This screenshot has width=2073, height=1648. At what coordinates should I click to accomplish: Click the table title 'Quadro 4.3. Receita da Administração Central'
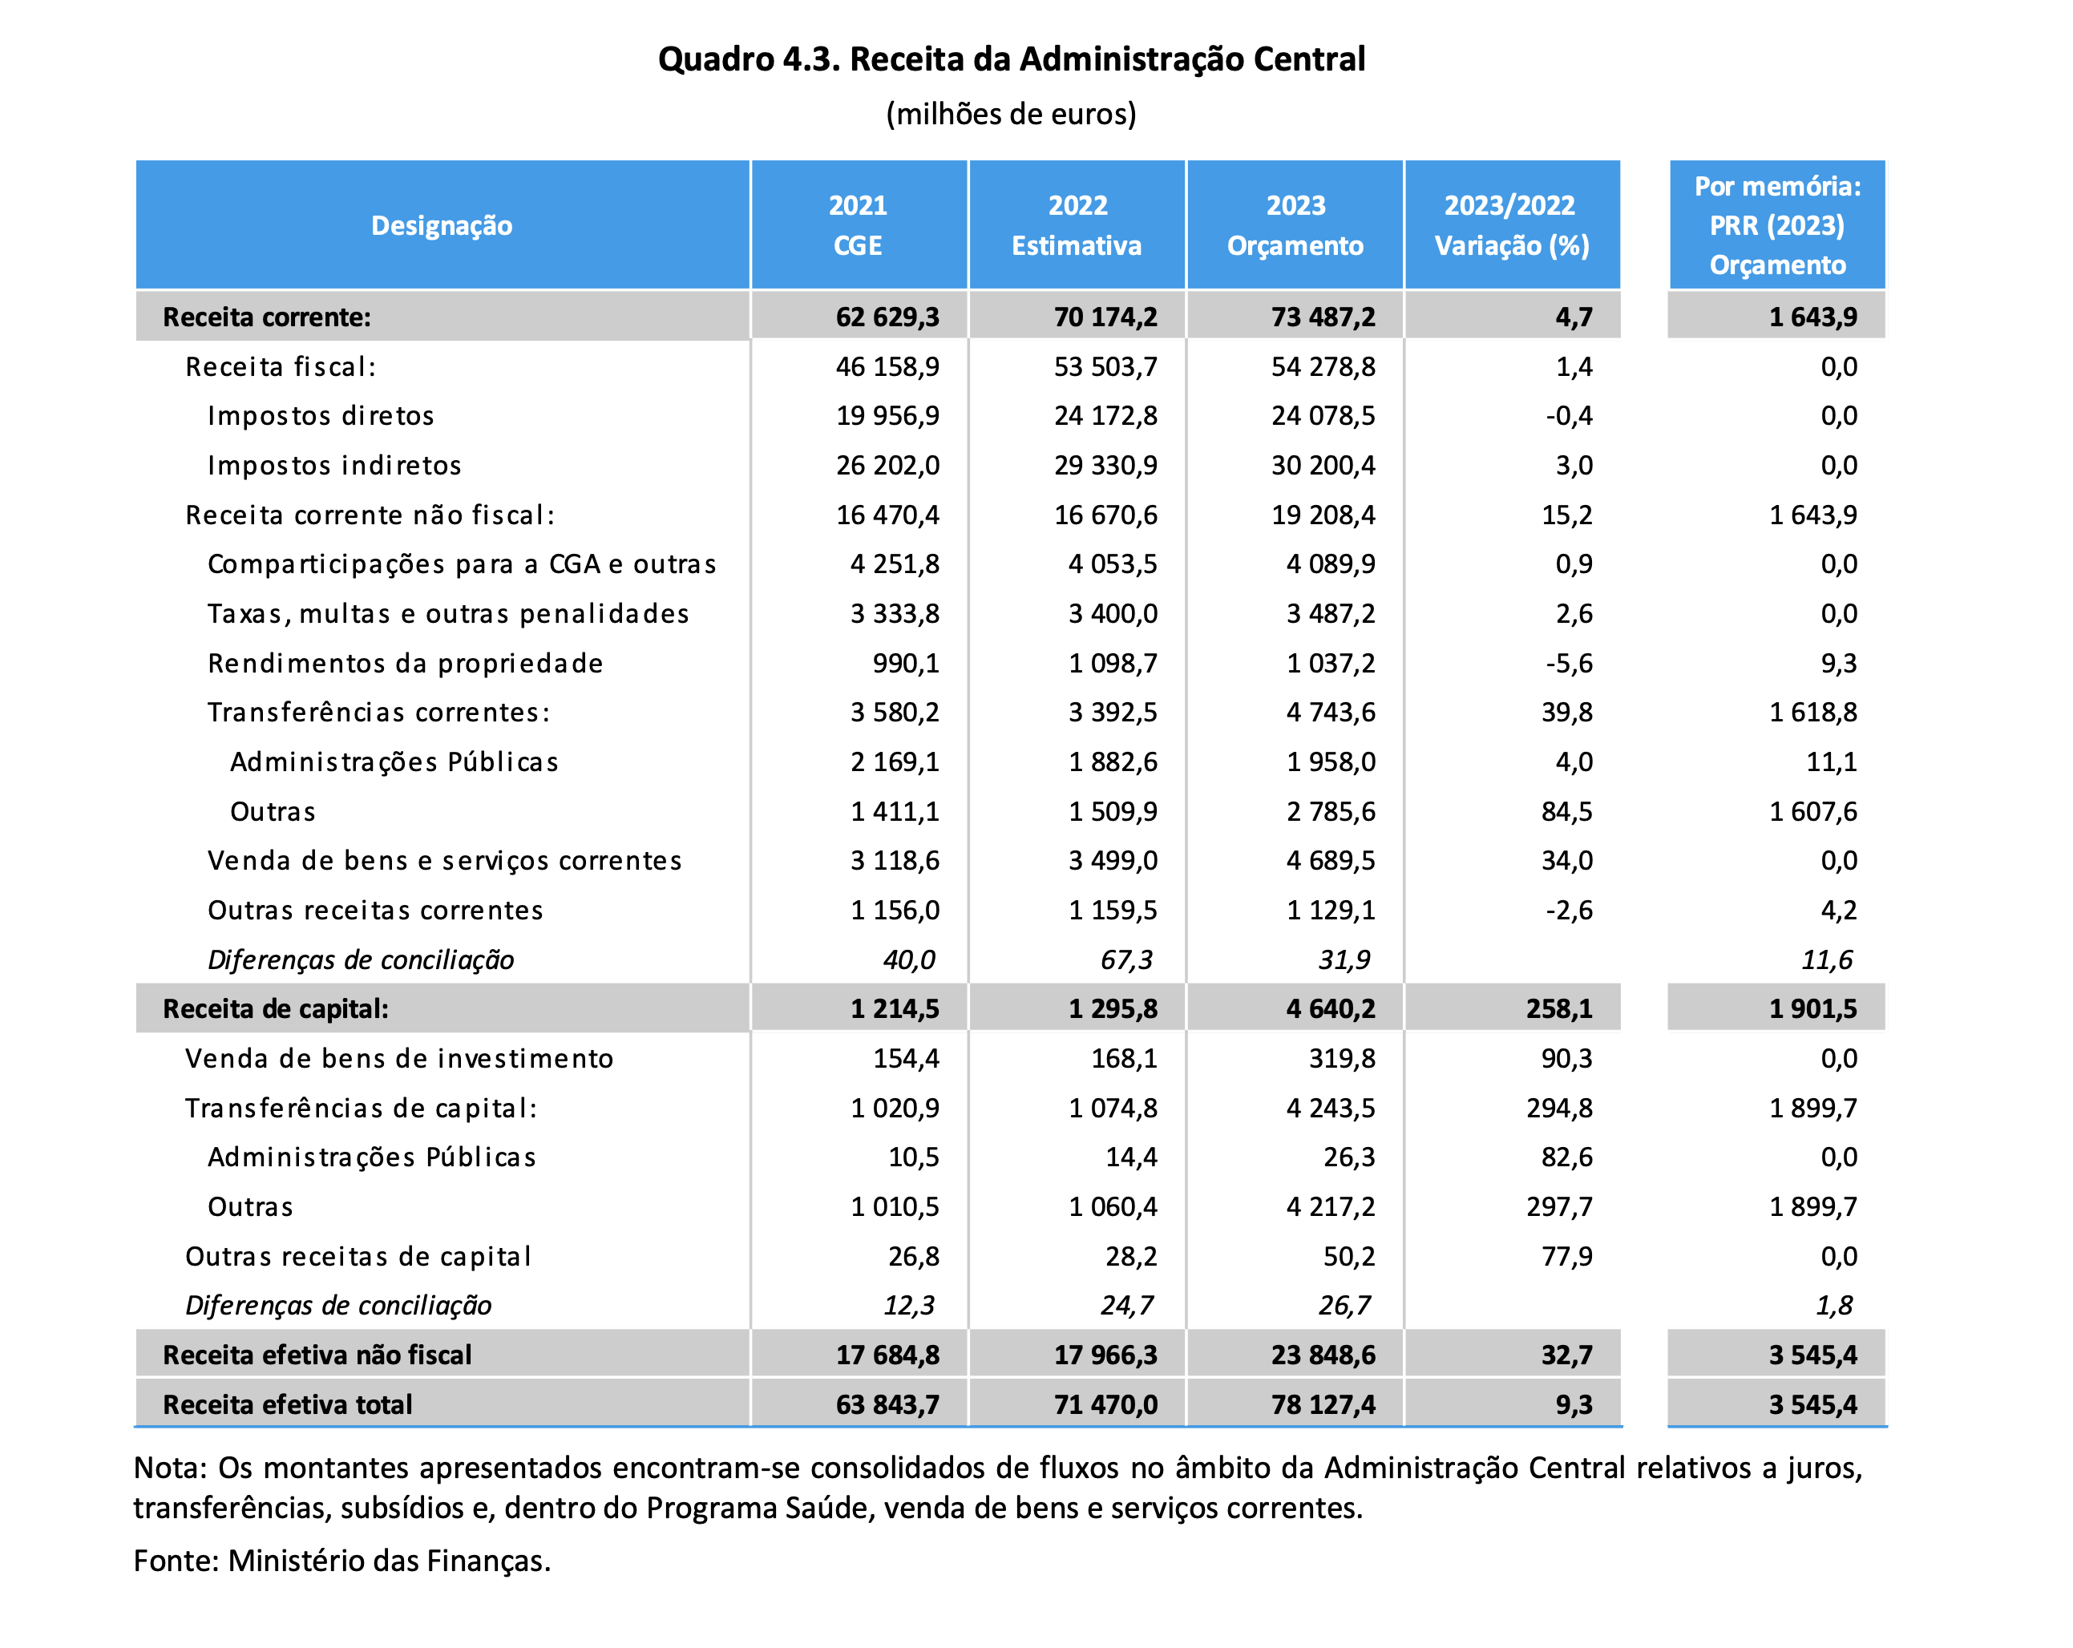click(x=1012, y=59)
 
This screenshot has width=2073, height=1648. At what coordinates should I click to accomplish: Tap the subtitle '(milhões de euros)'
click(x=1012, y=115)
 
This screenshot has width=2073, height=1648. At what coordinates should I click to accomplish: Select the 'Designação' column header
click(x=442, y=226)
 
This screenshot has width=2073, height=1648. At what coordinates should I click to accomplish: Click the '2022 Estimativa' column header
click(x=1077, y=226)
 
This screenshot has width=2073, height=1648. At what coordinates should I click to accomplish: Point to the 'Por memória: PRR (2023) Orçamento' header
click(x=1778, y=226)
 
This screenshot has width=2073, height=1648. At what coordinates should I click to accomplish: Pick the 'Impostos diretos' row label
click(x=321, y=416)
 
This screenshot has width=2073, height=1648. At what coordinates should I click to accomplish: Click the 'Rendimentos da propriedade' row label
click(x=406, y=664)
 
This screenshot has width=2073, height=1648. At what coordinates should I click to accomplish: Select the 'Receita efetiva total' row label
click(x=288, y=1405)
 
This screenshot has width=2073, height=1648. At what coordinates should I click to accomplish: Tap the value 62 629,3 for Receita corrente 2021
click(x=887, y=317)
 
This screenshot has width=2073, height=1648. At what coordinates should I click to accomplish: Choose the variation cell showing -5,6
click(x=1569, y=664)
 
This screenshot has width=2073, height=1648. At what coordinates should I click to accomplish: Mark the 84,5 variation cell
click(x=1567, y=811)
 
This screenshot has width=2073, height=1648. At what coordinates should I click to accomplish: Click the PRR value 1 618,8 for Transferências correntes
click(x=1813, y=713)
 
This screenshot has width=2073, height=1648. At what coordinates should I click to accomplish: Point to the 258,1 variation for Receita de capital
click(x=1559, y=1008)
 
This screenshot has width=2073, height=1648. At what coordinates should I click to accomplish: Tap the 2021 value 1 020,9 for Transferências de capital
click(x=895, y=1109)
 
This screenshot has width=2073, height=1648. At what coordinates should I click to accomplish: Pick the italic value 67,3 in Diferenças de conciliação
click(x=1126, y=959)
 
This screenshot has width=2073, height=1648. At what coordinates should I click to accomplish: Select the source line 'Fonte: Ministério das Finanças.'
click(x=342, y=1561)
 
